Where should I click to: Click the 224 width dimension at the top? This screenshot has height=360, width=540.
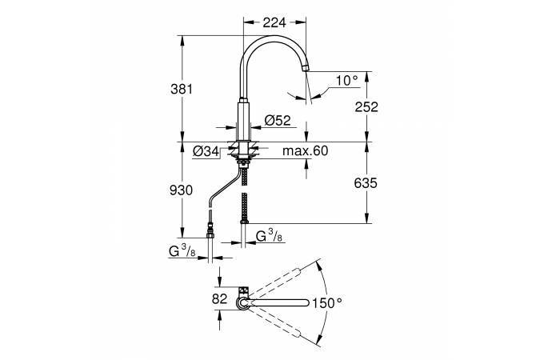(x=274, y=22)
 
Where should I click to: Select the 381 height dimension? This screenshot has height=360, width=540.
(x=182, y=90)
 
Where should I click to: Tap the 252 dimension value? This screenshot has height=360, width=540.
(x=366, y=106)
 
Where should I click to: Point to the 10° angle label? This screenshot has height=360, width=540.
(x=347, y=81)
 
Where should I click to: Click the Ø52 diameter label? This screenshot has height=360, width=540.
(x=278, y=120)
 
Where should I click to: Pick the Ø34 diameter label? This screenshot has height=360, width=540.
(x=206, y=151)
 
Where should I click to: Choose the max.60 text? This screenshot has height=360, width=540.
(x=305, y=150)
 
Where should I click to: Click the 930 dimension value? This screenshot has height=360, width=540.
(x=181, y=190)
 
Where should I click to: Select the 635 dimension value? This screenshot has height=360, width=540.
(x=366, y=183)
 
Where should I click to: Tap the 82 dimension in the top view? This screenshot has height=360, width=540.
(x=220, y=298)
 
